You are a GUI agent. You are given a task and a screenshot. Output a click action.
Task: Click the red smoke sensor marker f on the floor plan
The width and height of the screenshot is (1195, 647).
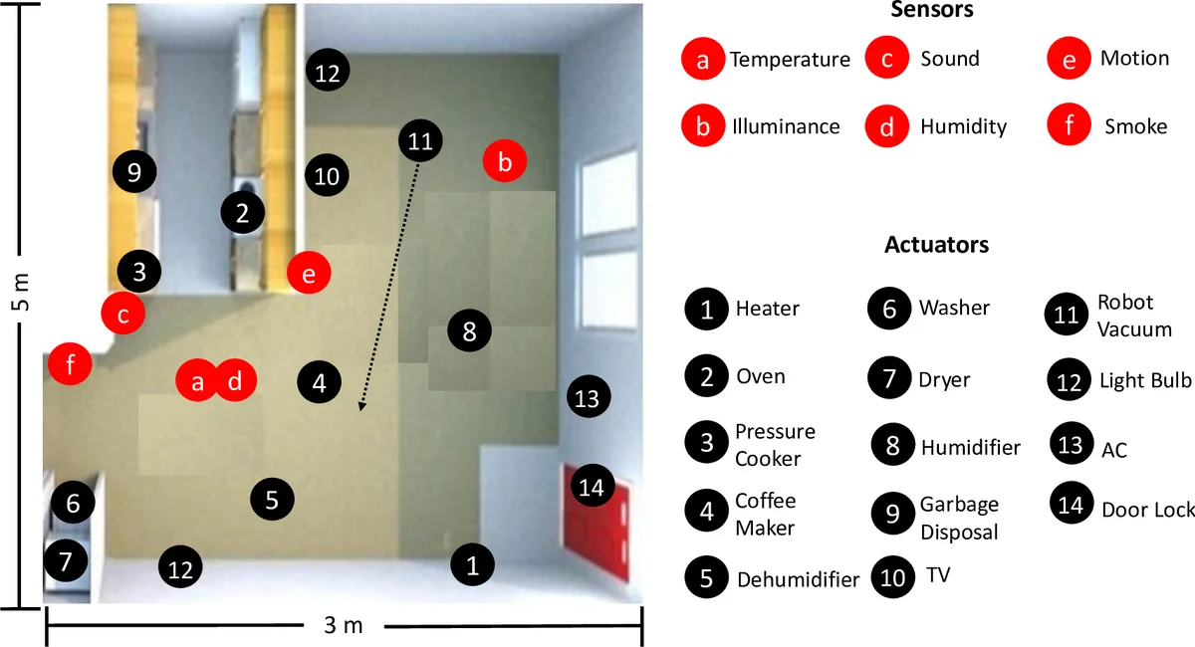(70, 364)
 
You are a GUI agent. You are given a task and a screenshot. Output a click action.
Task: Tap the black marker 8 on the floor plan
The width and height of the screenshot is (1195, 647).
(470, 329)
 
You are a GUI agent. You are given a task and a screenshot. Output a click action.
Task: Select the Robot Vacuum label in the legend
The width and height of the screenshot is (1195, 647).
(1134, 315)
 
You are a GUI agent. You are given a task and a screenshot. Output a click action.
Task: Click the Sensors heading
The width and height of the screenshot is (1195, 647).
(932, 11)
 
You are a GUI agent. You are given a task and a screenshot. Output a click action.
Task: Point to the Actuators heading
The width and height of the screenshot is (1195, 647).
(936, 244)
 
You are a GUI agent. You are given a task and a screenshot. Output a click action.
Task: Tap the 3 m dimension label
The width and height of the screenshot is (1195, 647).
(344, 626)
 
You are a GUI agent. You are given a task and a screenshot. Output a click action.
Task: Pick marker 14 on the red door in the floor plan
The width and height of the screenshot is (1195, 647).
(592, 487)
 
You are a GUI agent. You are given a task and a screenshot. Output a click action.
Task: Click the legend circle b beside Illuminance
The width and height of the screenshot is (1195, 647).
(703, 126)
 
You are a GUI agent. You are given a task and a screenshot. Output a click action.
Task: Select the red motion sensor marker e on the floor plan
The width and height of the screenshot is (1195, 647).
(308, 274)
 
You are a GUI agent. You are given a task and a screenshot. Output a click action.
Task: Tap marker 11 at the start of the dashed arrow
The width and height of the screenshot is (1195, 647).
(420, 140)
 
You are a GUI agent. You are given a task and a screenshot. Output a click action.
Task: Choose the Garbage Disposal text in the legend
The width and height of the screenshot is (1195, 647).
(958, 518)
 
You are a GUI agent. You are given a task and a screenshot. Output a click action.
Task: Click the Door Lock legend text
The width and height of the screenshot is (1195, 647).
(1147, 510)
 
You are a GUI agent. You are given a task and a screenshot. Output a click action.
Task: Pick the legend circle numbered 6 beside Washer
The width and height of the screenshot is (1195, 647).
(889, 309)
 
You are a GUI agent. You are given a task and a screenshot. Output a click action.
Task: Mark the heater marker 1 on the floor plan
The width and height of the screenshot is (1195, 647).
(473, 566)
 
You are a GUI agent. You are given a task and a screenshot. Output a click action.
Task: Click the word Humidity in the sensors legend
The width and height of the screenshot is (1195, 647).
(963, 126)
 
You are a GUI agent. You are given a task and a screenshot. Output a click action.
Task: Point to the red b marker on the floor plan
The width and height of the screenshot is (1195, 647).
(505, 161)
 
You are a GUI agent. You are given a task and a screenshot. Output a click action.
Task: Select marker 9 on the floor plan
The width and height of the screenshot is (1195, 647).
(134, 172)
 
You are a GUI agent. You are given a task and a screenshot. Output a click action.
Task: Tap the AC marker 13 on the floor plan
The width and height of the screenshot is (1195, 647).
(587, 398)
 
